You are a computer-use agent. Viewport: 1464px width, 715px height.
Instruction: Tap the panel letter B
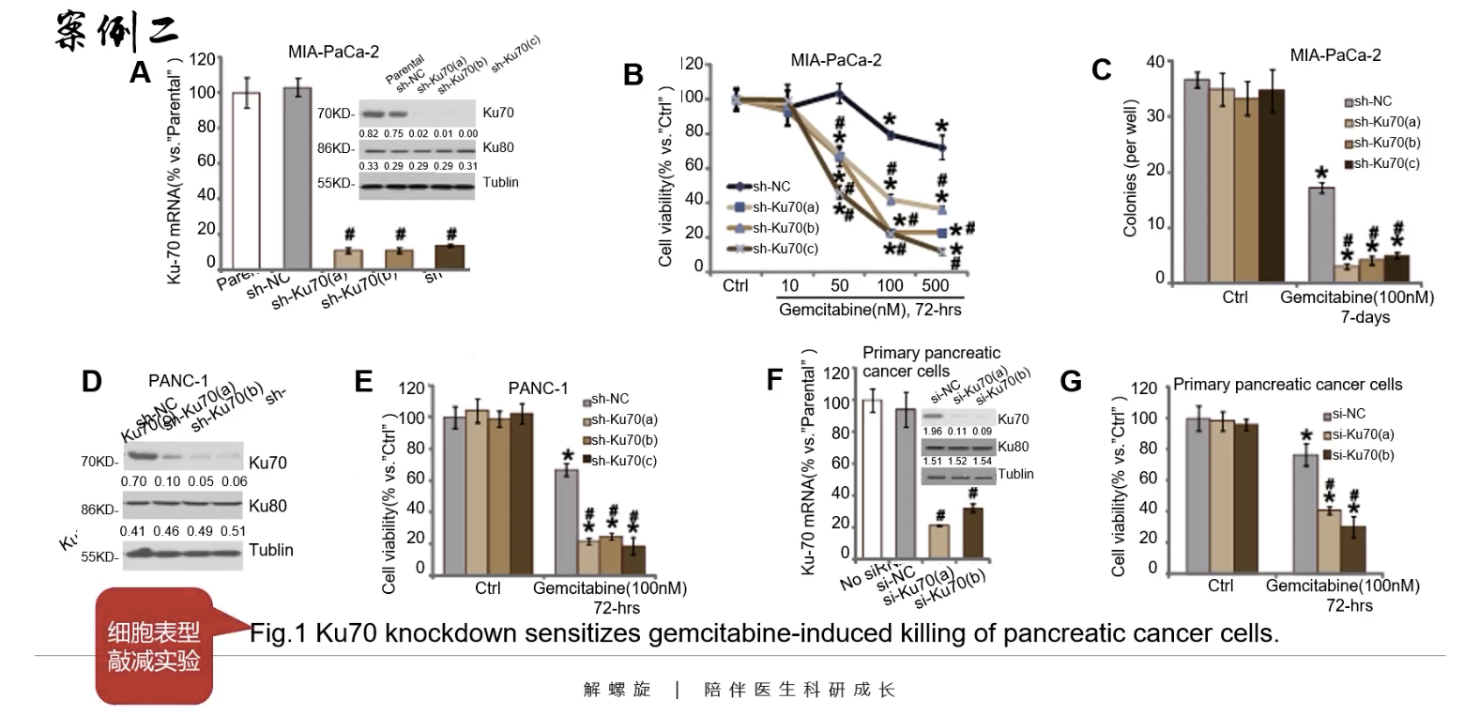pos(633,75)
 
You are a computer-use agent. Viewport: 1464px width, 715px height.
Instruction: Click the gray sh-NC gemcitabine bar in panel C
pos(1322,235)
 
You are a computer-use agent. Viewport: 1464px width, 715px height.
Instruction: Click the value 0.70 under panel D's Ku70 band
pos(132,481)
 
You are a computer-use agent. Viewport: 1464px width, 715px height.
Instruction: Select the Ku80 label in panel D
pos(267,507)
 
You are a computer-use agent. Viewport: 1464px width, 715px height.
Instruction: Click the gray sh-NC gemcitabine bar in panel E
pos(566,522)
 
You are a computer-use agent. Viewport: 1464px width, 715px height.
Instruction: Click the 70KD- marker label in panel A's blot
pos(336,114)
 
